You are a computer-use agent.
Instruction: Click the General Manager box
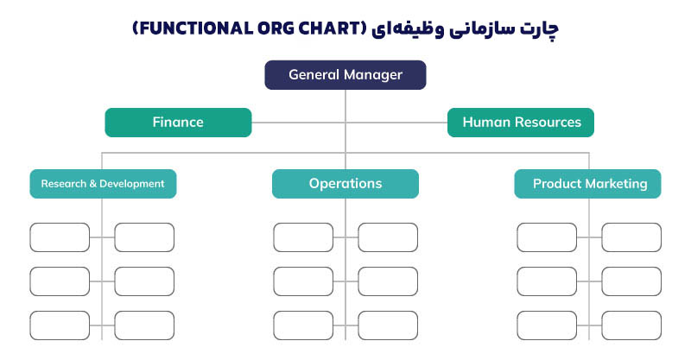(x=345, y=75)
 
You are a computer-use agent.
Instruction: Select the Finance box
(x=178, y=123)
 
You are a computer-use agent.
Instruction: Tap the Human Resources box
(x=521, y=123)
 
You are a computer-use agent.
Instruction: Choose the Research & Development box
(x=103, y=184)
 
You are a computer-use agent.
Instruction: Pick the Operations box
(x=345, y=184)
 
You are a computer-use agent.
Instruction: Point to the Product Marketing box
(x=588, y=184)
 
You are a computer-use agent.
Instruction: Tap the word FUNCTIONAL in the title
(x=195, y=28)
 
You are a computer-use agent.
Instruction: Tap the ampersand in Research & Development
(x=92, y=184)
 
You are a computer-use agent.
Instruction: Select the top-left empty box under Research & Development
(x=60, y=237)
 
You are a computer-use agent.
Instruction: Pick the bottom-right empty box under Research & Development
(x=144, y=325)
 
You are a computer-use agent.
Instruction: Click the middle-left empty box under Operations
(x=303, y=281)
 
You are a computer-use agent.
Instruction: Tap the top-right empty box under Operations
(x=388, y=237)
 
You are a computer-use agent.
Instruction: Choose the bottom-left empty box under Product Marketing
(x=547, y=325)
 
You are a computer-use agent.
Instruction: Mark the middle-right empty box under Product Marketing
(x=631, y=281)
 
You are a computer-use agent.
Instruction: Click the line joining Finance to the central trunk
(x=298, y=123)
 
